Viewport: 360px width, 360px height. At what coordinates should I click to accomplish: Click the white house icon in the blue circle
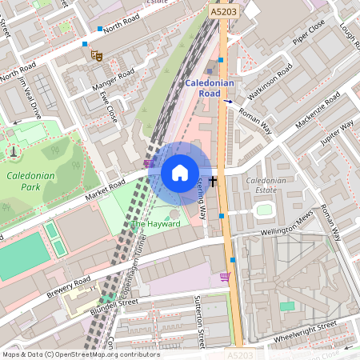click(x=180, y=172)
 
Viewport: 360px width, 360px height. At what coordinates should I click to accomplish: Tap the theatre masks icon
click(x=96, y=55)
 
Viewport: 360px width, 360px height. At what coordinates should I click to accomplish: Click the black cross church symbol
click(x=213, y=181)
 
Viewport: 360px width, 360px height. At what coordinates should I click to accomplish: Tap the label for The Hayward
click(x=156, y=224)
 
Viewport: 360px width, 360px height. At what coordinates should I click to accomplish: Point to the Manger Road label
click(x=114, y=78)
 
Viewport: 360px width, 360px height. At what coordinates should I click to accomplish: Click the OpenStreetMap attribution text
click(x=80, y=354)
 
